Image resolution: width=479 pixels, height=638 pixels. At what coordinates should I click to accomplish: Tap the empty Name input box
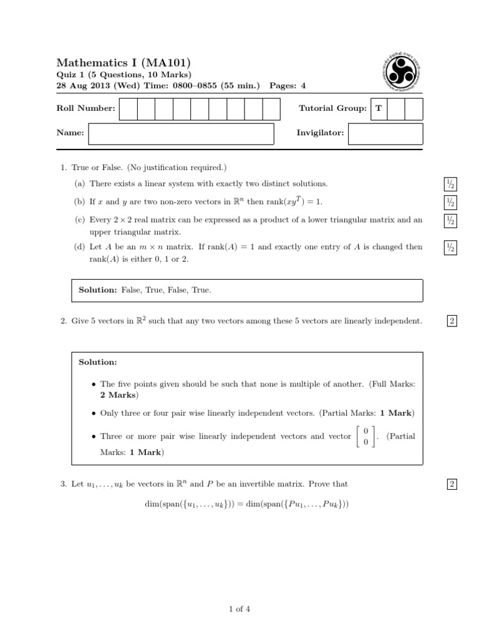(x=181, y=133)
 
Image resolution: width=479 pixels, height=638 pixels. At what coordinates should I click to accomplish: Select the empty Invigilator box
(x=385, y=133)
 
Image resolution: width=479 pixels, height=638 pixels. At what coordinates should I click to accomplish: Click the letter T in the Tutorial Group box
(x=378, y=108)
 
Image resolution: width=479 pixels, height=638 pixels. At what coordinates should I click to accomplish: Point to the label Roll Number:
(x=85, y=108)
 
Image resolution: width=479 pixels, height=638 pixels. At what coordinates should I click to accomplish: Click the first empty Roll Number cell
(x=128, y=108)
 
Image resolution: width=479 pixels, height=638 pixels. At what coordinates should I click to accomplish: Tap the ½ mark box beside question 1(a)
(x=450, y=184)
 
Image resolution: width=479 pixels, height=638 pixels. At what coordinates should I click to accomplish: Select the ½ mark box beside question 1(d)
(x=450, y=247)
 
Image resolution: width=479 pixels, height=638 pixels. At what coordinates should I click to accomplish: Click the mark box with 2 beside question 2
(x=452, y=321)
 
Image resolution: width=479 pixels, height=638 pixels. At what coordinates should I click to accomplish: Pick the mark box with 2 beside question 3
(x=452, y=484)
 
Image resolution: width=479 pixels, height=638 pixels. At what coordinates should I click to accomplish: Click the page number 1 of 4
(x=239, y=609)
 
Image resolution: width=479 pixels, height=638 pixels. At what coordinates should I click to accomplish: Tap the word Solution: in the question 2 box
(x=98, y=362)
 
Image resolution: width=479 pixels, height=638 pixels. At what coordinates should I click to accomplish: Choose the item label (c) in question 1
(x=79, y=220)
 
